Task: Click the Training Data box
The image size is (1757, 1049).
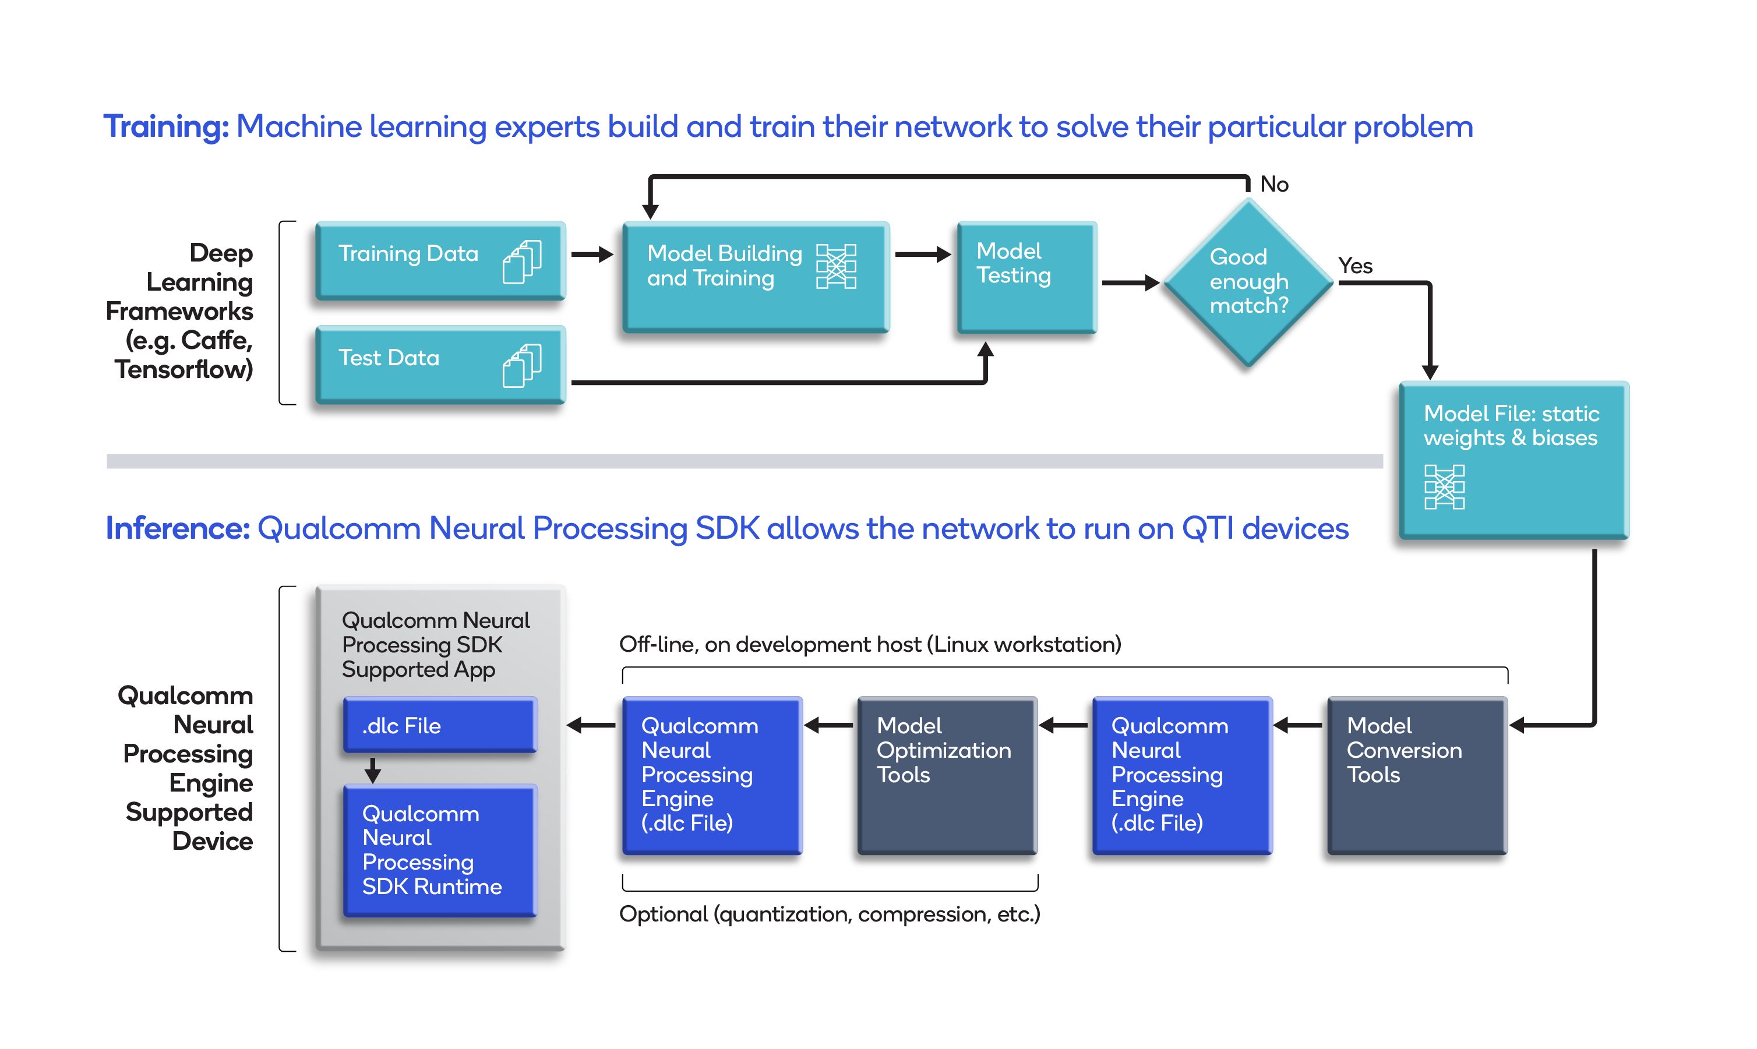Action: pos(440,260)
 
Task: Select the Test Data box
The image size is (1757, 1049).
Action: pos(440,364)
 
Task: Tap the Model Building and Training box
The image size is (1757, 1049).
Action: pos(755,276)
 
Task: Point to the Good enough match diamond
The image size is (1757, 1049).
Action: pos(1248,282)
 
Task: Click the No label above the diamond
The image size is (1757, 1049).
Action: pos(1274,185)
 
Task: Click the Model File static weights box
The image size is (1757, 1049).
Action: pos(1513,460)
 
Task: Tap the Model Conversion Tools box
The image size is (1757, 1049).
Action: pos(1417,775)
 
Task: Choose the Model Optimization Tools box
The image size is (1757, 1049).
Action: pos(947,775)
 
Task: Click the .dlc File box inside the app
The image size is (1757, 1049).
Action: pos(440,725)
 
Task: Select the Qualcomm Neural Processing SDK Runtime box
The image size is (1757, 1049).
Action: pos(440,850)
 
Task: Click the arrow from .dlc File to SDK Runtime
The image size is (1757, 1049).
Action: pos(373,769)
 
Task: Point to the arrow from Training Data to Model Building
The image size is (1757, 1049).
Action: pos(592,255)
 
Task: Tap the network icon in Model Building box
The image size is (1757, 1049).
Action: pos(836,267)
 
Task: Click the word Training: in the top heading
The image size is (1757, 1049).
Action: pos(166,127)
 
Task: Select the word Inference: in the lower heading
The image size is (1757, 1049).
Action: pos(178,529)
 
